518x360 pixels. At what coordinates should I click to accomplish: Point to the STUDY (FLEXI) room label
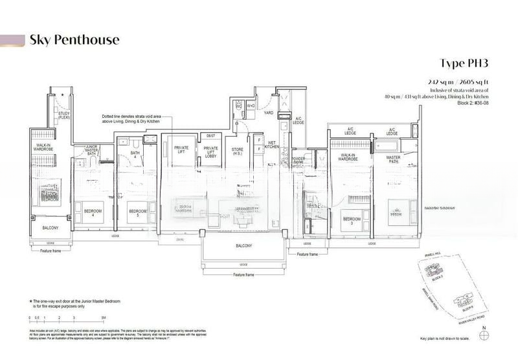click(x=63, y=117)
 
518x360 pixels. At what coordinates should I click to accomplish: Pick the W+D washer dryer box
click(x=250, y=106)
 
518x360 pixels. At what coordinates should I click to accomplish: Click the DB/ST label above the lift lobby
click(x=210, y=136)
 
